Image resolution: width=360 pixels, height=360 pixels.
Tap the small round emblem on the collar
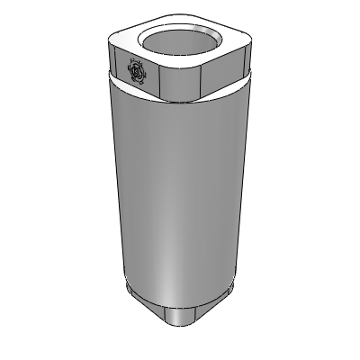tap(137, 71)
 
